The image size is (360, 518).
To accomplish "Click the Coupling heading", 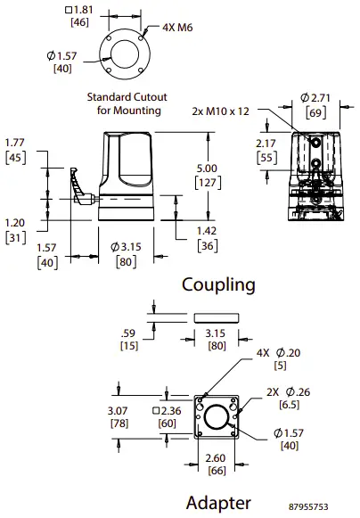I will (218, 285).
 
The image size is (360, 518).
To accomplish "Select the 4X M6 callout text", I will (177, 27).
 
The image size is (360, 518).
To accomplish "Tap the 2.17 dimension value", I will (266, 144).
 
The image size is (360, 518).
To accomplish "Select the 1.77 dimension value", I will (14, 141).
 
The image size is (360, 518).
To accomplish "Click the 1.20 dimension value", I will (14, 223).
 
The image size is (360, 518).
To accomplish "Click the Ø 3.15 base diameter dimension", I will (127, 246).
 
